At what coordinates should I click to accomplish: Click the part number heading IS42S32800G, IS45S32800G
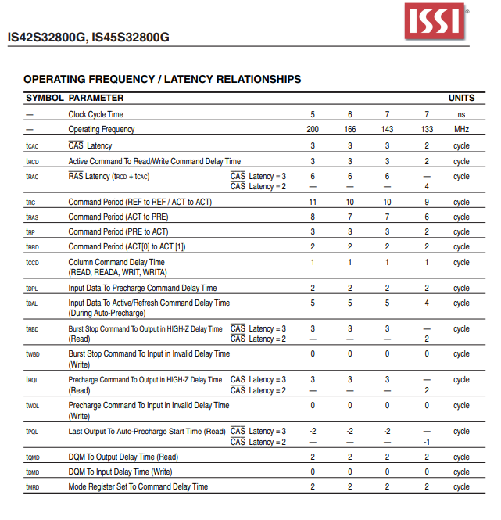[88, 37]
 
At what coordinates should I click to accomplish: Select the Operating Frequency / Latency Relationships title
[162, 79]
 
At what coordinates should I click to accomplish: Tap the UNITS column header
[461, 98]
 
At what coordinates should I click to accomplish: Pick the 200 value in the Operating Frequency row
[313, 129]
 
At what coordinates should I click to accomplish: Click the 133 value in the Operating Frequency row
[427, 129]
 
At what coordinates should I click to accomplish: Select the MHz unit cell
[461, 129]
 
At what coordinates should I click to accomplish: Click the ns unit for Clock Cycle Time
[461, 114]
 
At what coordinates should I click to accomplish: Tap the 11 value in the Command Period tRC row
[313, 202]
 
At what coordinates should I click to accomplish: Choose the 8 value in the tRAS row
[313, 217]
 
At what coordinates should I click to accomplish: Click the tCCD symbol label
[32, 263]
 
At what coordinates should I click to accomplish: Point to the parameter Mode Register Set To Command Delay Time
[138, 486]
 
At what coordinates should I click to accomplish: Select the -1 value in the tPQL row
[427, 442]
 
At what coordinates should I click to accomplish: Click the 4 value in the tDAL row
[427, 303]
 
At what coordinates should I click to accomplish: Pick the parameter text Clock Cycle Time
[95, 114]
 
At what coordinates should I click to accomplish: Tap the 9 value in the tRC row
[427, 202]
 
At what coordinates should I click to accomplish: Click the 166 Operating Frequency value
[350, 129]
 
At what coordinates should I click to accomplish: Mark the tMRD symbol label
[32, 486]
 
